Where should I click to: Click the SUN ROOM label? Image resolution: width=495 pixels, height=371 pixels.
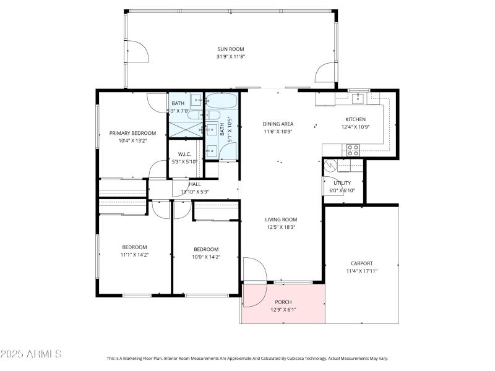point(230,48)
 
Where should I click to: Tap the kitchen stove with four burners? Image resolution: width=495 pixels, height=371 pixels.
point(353,149)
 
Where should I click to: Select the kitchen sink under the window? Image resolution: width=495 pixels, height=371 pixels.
point(358,97)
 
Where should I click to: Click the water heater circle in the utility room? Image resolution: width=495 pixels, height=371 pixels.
point(330,166)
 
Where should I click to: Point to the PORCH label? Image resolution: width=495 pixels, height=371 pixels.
point(283,302)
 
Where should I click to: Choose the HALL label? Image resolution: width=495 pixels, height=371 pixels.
point(195,184)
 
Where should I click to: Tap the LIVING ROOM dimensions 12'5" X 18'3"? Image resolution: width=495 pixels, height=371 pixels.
point(281,227)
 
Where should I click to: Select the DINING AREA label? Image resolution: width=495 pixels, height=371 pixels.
point(277,124)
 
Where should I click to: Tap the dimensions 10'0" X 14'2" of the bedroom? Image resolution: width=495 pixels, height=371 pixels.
point(205,257)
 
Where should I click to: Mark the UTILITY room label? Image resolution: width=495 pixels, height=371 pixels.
point(342,183)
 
